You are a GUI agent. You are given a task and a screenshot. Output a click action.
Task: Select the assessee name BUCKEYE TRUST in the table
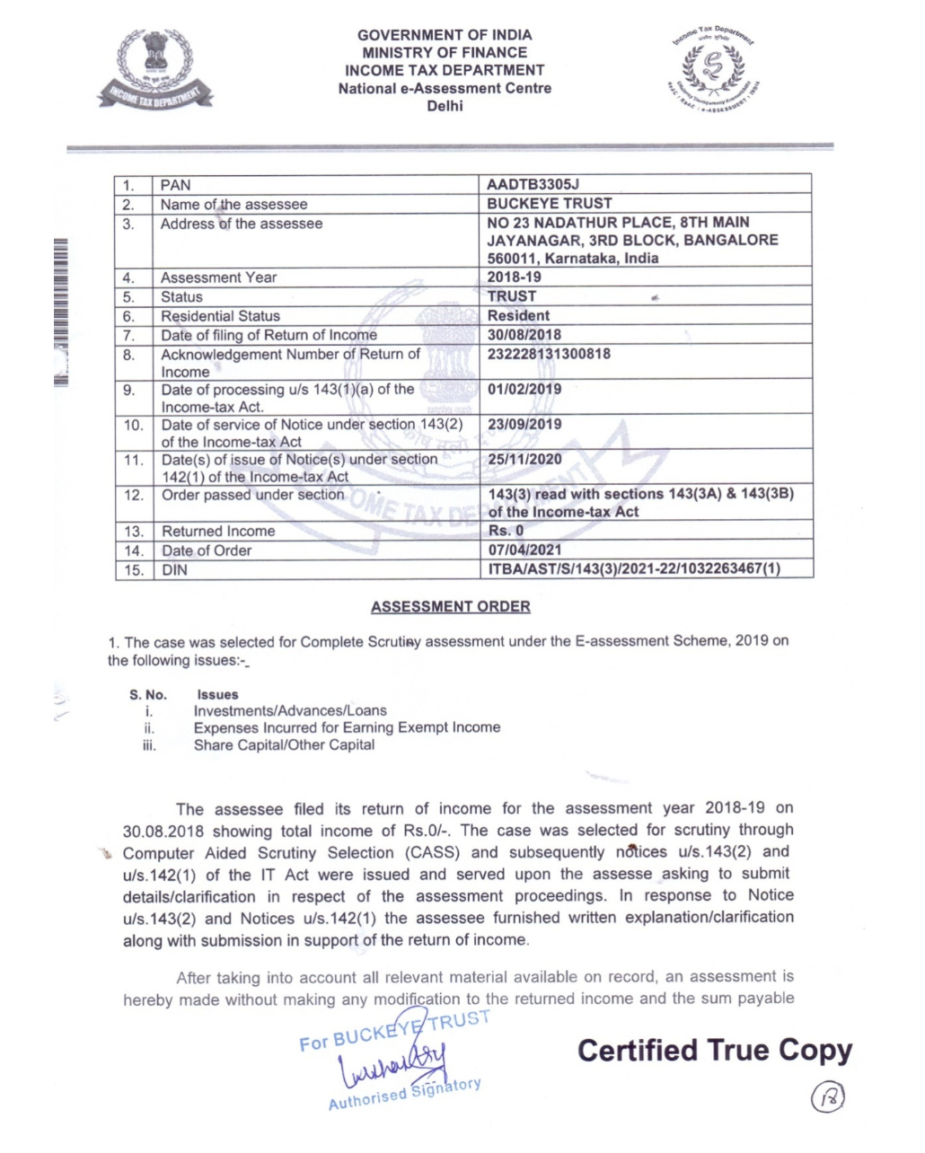click(x=549, y=204)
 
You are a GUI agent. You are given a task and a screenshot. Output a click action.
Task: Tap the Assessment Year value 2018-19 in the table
click(x=514, y=277)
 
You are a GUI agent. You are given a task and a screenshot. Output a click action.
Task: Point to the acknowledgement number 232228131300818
click(x=549, y=354)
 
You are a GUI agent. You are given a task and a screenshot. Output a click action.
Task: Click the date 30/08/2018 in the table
click(x=524, y=335)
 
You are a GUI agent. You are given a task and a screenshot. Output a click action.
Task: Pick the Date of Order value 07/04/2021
click(x=524, y=550)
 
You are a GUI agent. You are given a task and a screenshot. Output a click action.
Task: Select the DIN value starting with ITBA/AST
click(x=634, y=569)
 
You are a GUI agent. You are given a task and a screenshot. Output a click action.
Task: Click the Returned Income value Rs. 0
click(x=506, y=531)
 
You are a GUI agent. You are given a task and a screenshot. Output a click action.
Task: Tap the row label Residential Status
click(x=220, y=316)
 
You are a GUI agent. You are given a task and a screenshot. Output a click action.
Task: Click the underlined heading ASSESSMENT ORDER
click(x=450, y=607)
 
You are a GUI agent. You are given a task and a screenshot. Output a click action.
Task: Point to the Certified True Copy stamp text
click(x=715, y=1051)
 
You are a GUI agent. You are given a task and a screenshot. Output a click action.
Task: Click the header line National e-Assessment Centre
click(x=445, y=88)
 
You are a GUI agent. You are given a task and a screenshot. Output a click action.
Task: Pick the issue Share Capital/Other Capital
click(x=284, y=744)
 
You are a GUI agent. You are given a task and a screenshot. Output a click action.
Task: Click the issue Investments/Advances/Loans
click(x=290, y=710)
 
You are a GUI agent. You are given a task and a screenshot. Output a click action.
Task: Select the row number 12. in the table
click(x=134, y=496)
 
